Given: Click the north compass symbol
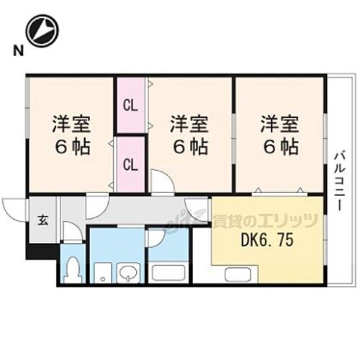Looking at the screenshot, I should (x=42, y=30).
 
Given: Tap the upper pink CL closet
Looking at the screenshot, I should (x=130, y=106).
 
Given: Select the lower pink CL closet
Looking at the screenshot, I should (x=130, y=164).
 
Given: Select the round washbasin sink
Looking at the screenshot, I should (x=128, y=274).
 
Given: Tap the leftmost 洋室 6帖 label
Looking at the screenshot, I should (x=71, y=135).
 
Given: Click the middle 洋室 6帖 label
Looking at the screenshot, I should (x=189, y=135).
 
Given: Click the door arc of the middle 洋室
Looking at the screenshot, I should (x=162, y=181).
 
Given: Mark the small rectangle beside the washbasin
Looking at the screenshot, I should (x=104, y=274).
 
